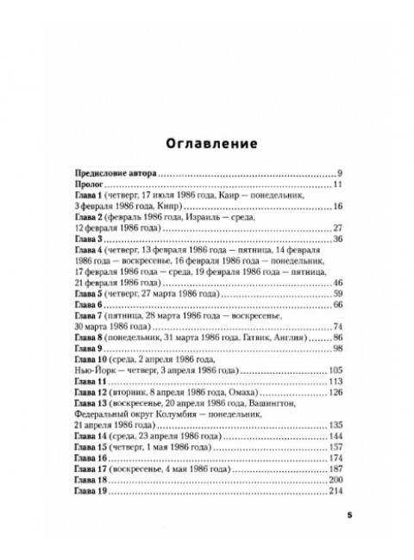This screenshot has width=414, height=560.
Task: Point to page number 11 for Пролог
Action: click(339, 184)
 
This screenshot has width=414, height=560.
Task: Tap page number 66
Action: click(338, 305)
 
